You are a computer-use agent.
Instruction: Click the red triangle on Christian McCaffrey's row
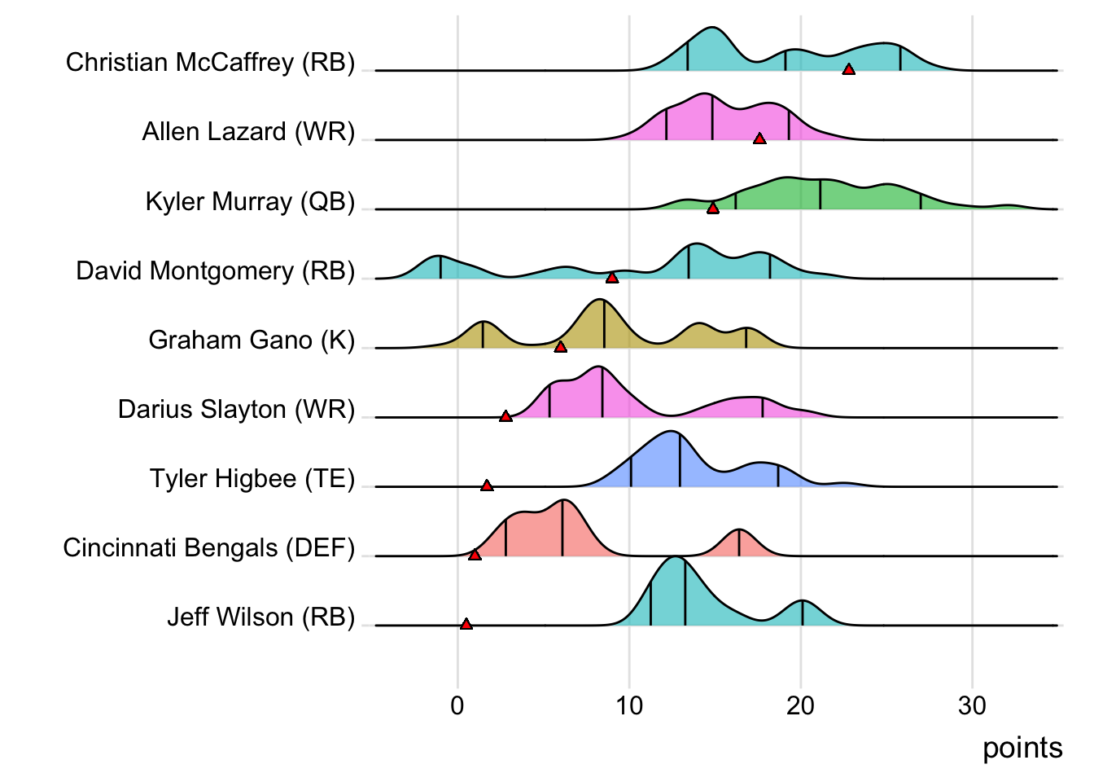coord(848,70)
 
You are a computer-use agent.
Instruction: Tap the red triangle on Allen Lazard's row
coord(759,139)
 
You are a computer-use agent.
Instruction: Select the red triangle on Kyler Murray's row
coord(713,209)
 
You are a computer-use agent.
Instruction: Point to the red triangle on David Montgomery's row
coord(612,278)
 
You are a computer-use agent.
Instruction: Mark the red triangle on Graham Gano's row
coord(560,347)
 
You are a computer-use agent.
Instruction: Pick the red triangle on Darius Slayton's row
coord(505,416)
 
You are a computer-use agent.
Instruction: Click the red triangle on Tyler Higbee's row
coord(487,485)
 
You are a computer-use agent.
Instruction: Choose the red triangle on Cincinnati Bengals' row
coord(475,555)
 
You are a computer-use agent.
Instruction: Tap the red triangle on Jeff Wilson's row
coord(466,624)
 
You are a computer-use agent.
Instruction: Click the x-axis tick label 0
coord(457,705)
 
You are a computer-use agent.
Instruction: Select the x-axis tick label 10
coord(629,705)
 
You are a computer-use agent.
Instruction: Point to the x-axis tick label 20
coord(800,705)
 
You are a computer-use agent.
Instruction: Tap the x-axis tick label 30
coord(972,705)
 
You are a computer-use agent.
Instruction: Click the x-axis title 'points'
coord(1022,748)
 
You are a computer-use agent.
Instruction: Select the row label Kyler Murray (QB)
coord(250,201)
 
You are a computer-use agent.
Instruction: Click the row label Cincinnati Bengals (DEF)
coord(209,547)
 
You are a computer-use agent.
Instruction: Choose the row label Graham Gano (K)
coord(252,340)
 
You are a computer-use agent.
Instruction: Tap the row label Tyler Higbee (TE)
coord(252,478)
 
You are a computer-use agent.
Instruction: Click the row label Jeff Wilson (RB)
coord(261,617)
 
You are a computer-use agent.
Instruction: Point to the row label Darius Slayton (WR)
coord(237,409)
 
